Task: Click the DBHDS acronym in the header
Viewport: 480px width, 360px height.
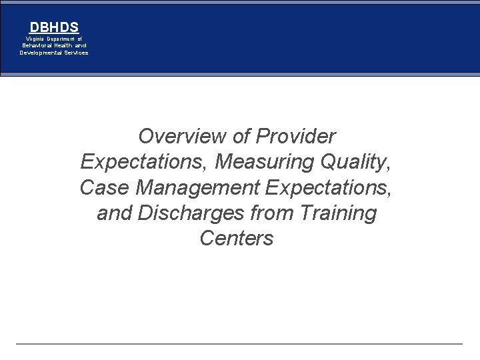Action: point(54,27)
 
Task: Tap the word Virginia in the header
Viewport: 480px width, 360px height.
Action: point(35,39)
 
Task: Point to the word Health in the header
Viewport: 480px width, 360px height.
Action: point(65,45)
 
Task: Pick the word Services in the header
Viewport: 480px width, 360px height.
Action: point(76,52)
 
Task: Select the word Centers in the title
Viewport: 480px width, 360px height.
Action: point(237,239)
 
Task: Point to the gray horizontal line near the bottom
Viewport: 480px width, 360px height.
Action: point(239,344)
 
